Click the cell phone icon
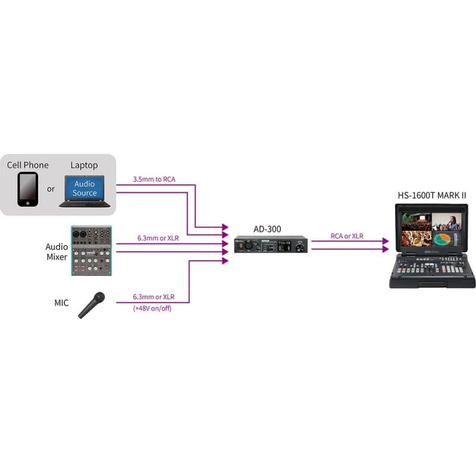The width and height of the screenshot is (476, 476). [x=27, y=189]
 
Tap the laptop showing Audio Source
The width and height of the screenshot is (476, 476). [x=84, y=191]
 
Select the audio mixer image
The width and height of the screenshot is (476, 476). [x=92, y=250]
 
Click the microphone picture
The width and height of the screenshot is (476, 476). [x=92, y=305]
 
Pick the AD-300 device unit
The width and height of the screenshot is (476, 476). [x=271, y=245]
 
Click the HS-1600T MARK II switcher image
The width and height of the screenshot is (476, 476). [x=433, y=246]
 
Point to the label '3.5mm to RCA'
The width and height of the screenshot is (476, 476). [x=154, y=180]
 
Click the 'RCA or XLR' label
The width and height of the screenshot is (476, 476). [x=347, y=236]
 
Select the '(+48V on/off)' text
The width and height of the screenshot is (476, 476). [x=152, y=308]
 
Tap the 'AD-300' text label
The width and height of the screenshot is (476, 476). [x=267, y=229]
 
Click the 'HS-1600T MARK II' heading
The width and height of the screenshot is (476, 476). [x=432, y=195]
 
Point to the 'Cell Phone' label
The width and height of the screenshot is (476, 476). [x=27, y=165]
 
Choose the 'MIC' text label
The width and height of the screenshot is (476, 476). [x=61, y=303]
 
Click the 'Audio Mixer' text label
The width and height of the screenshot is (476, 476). [x=57, y=252]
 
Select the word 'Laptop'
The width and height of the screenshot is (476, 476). [x=84, y=165]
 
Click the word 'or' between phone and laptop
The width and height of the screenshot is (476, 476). [x=51, y=189]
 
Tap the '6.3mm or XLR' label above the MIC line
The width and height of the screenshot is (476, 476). [x=154, y=297]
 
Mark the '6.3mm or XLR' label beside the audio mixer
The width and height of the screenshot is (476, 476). [x=158, y=238]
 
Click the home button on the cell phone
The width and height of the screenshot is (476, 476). [x=28, y=203]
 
